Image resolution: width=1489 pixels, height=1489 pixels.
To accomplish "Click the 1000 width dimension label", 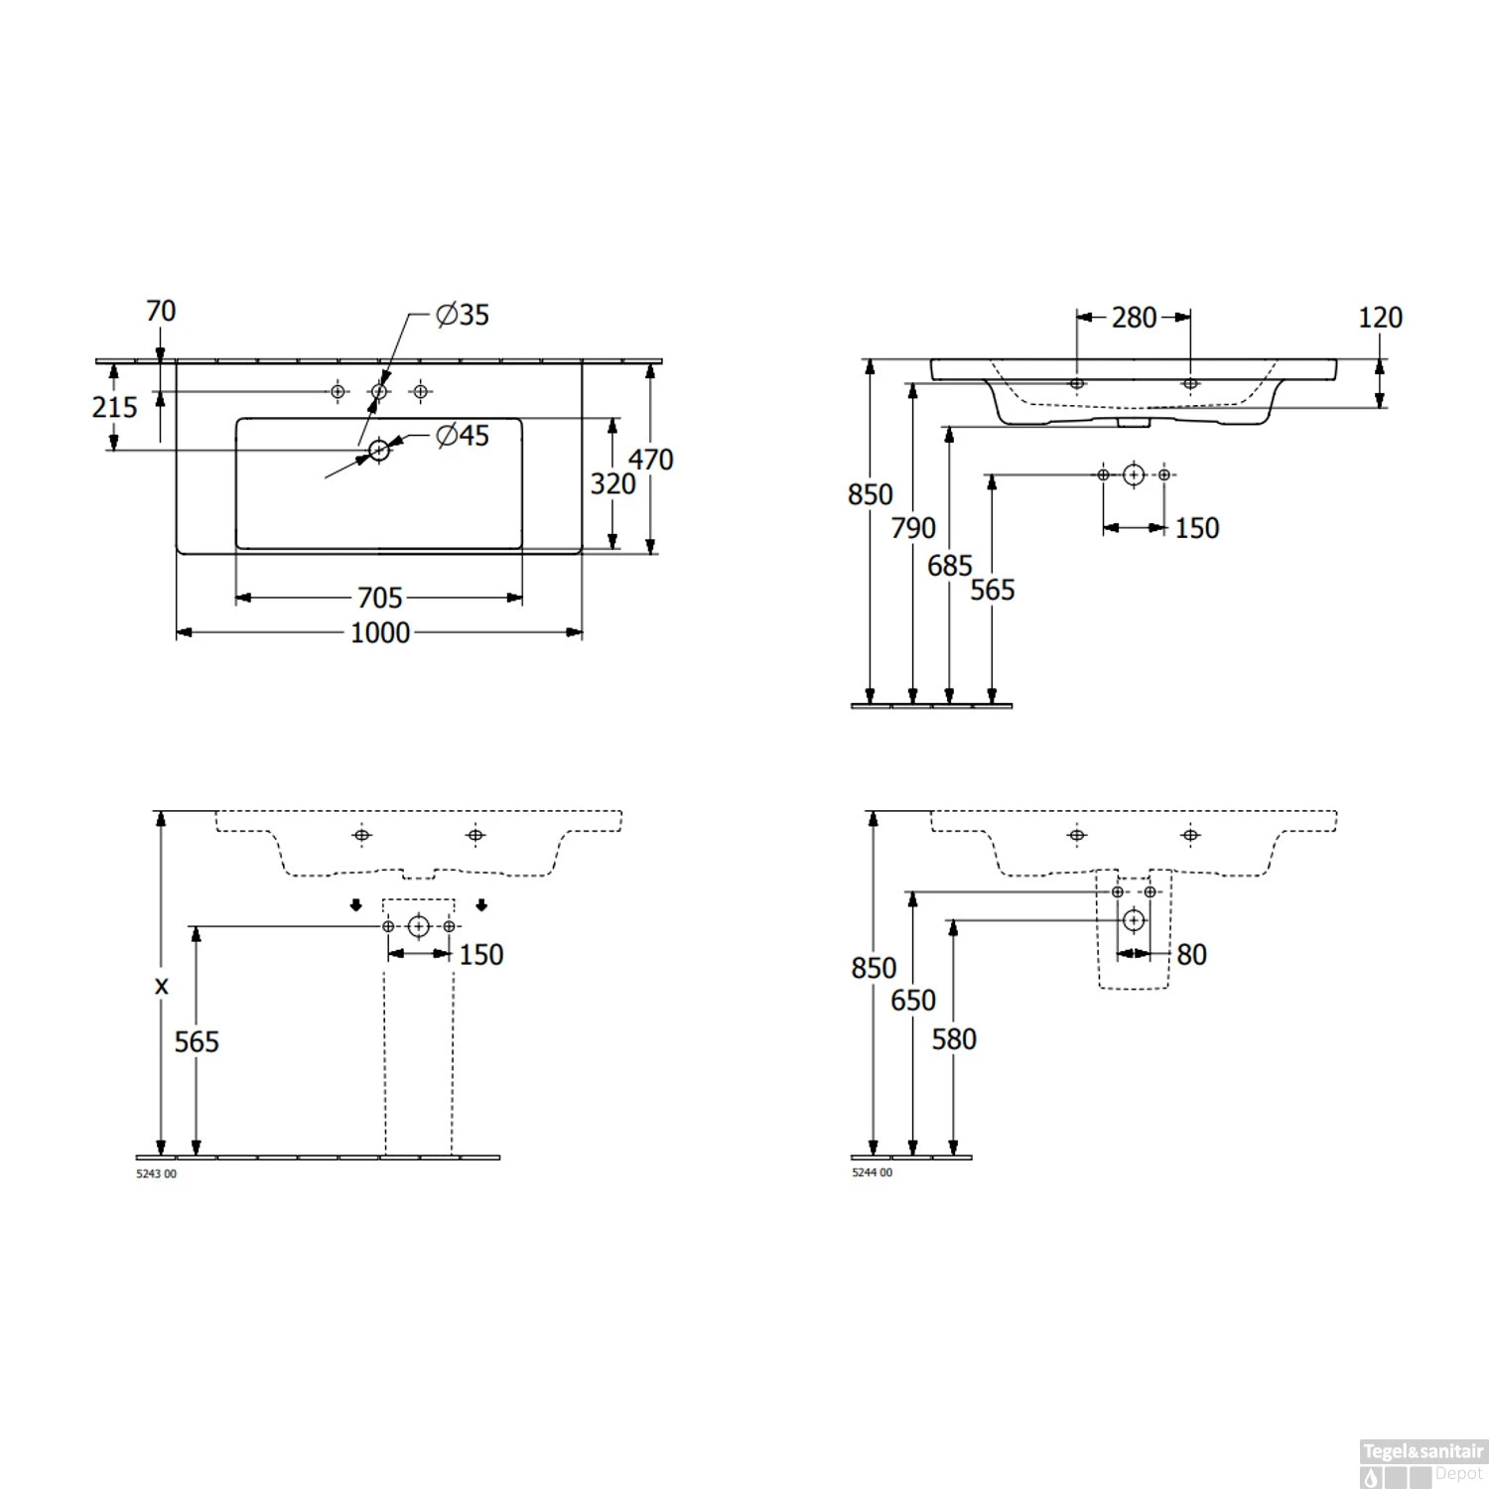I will [x=380, y=632].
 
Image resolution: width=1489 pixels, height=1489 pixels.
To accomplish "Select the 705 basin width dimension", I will [x=380, y=598].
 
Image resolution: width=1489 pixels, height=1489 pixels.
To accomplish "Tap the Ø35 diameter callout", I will [x=463, y=315].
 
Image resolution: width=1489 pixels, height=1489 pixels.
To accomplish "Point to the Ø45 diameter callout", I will [x=463, y=436].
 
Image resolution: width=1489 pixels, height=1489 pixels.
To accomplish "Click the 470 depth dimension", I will [x=650, y=460].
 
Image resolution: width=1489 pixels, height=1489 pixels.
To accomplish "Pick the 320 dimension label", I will [x=612, y=483].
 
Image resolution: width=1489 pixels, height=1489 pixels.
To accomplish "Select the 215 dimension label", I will [x=114, y=407].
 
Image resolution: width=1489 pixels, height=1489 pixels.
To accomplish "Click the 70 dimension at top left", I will [x=161, y=312].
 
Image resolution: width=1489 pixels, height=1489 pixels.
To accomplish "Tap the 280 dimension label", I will [x=1134, y=318].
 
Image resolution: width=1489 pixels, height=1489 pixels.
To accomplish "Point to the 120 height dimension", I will [x=1380, y=318].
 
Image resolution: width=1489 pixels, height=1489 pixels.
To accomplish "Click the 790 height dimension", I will [x=913, y=528].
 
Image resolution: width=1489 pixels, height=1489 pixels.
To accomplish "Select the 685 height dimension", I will [x=950, y=566].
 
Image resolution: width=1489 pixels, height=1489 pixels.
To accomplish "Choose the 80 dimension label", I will [x=1191, y=955].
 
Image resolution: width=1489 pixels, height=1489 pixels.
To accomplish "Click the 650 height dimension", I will [x=913, y=1000].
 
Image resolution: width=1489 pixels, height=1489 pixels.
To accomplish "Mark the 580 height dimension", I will [x=954, y=1039].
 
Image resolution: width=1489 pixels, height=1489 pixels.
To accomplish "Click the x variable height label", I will [x=162, y=986].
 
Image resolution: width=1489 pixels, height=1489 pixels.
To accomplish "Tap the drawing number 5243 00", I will [x=156, y=1174].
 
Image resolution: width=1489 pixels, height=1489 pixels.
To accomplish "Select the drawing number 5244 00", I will [x=872, y=1172].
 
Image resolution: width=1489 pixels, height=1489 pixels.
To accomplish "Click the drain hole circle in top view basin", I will [x=378, y=450].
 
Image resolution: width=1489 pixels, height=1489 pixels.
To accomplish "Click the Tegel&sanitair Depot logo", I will [x=1422, y=1462].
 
